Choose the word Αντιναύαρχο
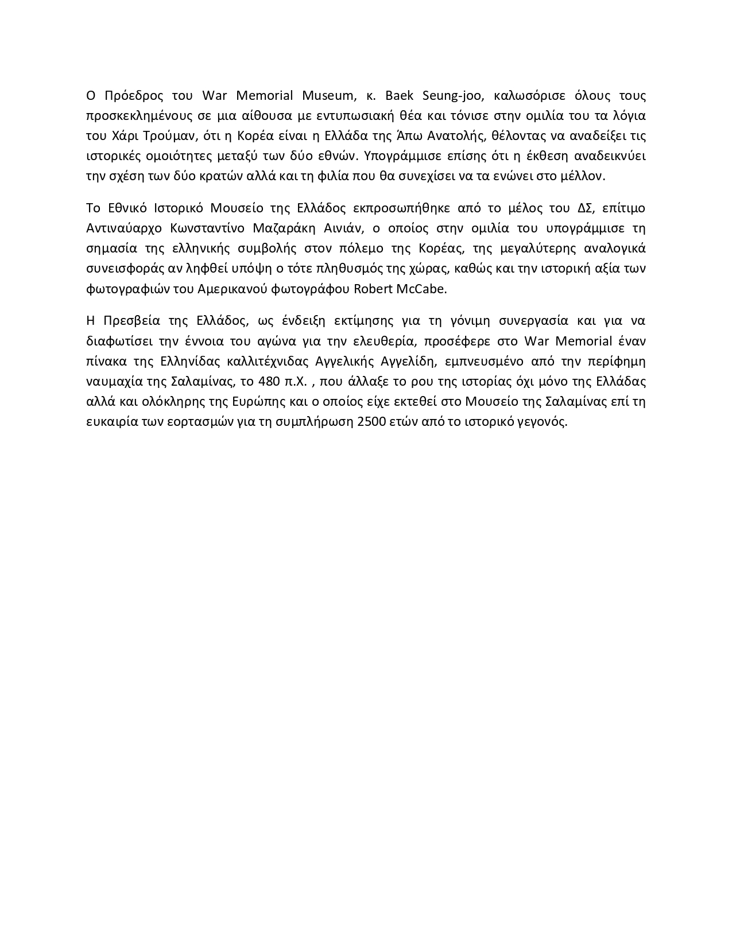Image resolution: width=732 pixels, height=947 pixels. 123,228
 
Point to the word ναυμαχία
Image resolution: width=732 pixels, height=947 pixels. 114,382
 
